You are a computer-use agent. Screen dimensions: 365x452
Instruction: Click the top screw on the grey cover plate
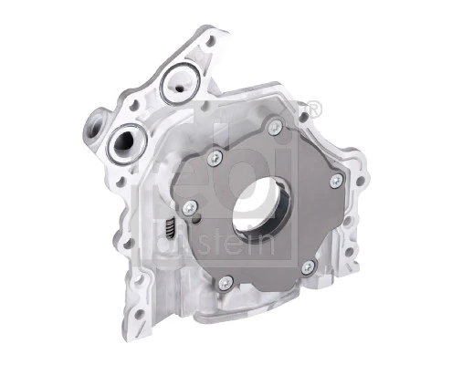(x=272, y=128)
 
